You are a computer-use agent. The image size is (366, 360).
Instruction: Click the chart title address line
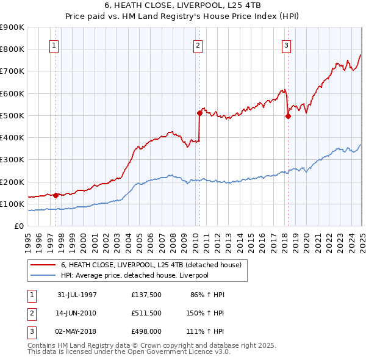pyautogui.click(x=183, y=5)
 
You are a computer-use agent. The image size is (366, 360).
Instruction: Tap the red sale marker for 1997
pyautogui.click(x=56, y=196)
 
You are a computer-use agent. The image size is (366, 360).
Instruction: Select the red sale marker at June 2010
pyautogui.click(x=199, y=113)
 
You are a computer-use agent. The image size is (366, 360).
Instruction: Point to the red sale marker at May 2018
pyautogui.click(x=288, y=116)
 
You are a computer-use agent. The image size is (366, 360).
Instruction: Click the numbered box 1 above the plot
pyautogui.click(x=54, y=45)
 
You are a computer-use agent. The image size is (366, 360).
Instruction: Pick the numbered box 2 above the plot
pyautogui.click(x=198, y=45)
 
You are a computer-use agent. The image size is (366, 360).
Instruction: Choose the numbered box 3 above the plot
pyautogui.click(x=286, y=45)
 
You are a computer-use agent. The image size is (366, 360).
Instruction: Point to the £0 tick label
pyautogui.click(x=19, y=226)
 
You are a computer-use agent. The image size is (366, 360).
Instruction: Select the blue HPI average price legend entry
pyautogui.click(x=143, y=275)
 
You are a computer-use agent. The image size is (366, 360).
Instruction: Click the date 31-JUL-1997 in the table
pyautogui.click(x=77, y=295)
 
